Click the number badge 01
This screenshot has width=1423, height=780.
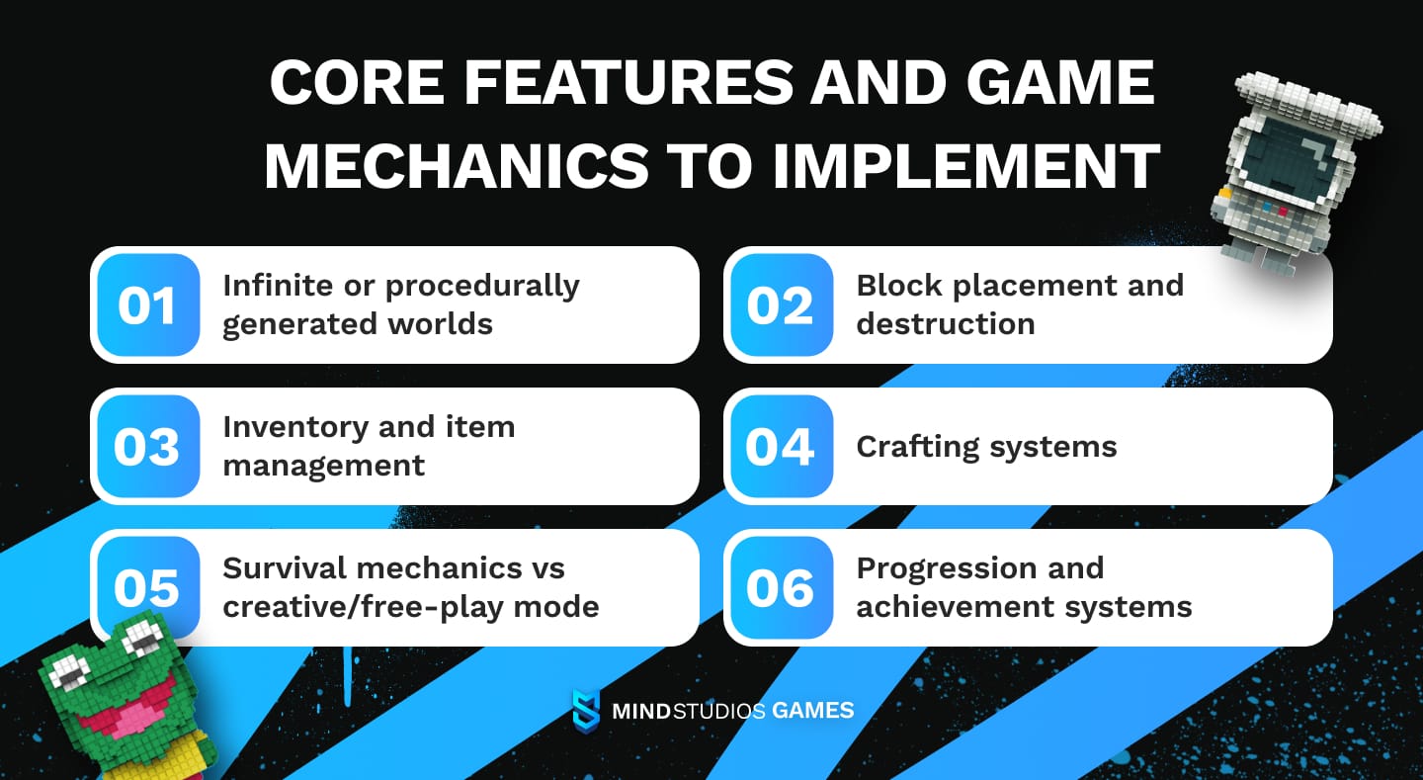pyautogui.click(x=148, y=304)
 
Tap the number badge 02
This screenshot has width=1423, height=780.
pyautogui.click(x=781, y=304)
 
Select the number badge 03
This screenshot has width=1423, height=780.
pyautogui.click(x=148, y=446)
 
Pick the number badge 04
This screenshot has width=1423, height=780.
pyautogui.click(x=781, y=446)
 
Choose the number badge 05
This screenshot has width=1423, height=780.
pyautogui.click(x=148, y=587)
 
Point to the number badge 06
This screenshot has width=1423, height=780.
pyautogui.click(x=781, y=587)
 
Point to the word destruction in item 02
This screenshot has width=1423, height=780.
pyautogui.click(x=945, y=324)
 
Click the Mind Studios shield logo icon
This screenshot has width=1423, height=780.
pyautogui.click(x=586, y=710)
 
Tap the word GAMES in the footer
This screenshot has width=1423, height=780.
pyautogui.click(x=812, y=710)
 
